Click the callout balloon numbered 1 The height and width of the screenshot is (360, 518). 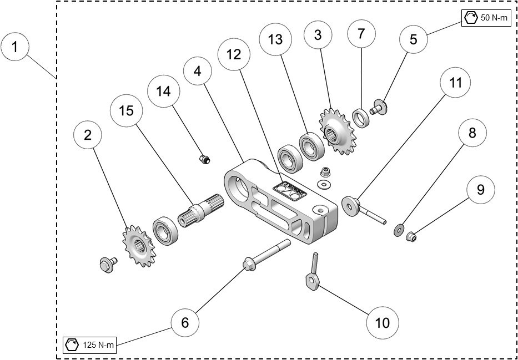point(16,47)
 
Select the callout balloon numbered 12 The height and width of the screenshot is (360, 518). point(234,55)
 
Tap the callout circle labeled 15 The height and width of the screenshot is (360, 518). point(126,111)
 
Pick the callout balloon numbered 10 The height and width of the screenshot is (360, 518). point(383,322)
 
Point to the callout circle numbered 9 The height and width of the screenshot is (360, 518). point(480,190)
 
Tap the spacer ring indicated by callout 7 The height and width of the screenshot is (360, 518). point(361,118)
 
